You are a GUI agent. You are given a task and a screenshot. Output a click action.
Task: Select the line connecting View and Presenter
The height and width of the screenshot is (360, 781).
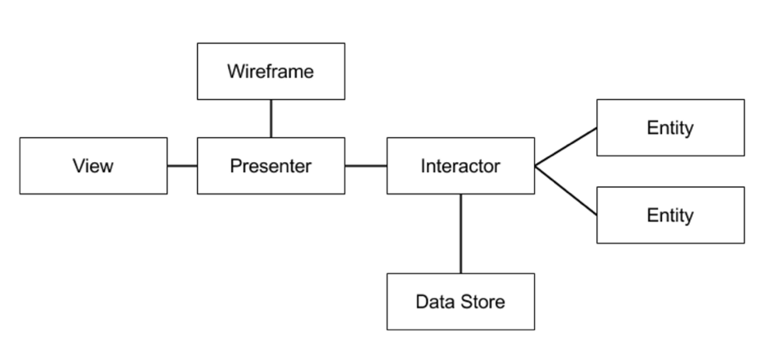tap(182, 166)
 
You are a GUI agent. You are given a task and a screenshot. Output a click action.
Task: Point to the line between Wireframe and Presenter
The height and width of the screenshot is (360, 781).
tap(271, 118)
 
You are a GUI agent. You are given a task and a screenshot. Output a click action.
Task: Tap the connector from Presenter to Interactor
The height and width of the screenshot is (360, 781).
tap(366, 166)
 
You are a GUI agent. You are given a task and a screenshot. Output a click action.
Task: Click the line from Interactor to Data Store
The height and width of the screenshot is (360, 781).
tap(461, 234)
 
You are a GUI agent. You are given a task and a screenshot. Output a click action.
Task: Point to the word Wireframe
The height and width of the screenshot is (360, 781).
tap(270, 72)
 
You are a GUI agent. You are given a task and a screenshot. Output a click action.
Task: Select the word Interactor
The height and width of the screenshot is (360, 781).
tap(460, 166)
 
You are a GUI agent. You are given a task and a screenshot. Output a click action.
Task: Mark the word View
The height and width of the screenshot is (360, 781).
tap(93, 166)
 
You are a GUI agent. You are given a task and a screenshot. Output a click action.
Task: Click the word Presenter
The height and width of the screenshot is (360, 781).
tap(270, 166)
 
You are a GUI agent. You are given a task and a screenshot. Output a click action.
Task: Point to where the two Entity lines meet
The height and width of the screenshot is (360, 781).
tap(536, 166)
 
